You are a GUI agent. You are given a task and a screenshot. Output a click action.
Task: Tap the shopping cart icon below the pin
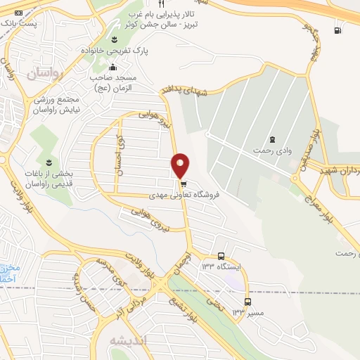coord(183,184)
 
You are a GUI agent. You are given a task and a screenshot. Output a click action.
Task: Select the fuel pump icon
coord(338,30)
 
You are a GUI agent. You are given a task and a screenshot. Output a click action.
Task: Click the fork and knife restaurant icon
coord(160,4)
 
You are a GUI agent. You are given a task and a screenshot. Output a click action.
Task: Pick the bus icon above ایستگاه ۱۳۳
coord(221,256)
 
